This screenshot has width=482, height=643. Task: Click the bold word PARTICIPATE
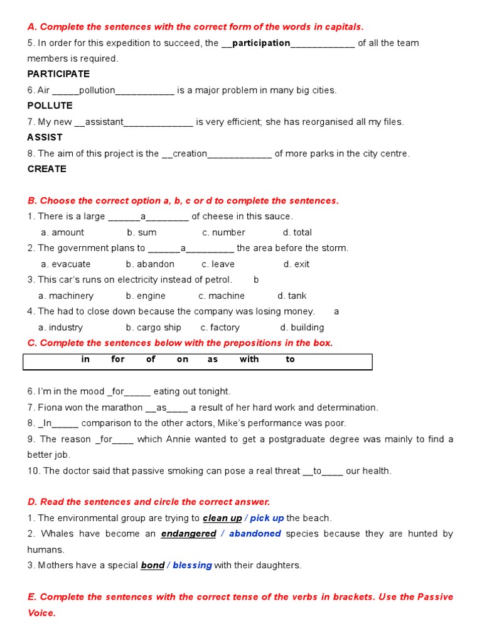pyautogui.click(x=58, y=74)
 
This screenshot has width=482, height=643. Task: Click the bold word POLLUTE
pyautogui.click(x=50, y=105)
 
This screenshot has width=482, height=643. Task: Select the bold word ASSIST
pyautogui.click(x=45, y=137)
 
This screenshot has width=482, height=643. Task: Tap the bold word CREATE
pyautogui.click(x=46, y=169)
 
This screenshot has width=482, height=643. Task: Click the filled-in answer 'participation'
pyautogui.click(x=261, y=43)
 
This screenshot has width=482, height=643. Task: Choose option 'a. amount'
pyautogui.click(x=62, y=232)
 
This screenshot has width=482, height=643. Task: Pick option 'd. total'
pyautogui.click(x=297, y=232)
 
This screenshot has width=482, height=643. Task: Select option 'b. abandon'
pyautogui.click(x=150, y=264)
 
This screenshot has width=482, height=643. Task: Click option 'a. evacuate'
pyautogui.click(x=65, y=264)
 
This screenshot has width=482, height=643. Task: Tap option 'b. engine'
pyautogui.click(x=146, y=296)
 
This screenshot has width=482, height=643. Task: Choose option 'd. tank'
pyautogui.click(x=292, y=296)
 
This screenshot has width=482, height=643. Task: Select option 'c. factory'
pyautogui.click(x=220, y=328)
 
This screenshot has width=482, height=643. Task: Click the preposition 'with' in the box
pyautogui.click(x=249, y=360)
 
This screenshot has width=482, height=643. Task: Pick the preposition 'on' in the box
pyautogui.click(x=183, y=360)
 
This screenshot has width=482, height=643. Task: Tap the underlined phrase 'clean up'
pyautogui.click(x=222, y=519)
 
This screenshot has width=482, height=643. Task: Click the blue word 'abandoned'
pyautogui.click(x=255, y=534)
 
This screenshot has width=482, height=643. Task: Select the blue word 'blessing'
pyautogui.click(x=192, y=566)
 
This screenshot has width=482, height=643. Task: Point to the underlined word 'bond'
pyautogui.click(x=153, y=566)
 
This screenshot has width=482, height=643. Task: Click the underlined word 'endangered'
pyautogui.click(x=188, y=534)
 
